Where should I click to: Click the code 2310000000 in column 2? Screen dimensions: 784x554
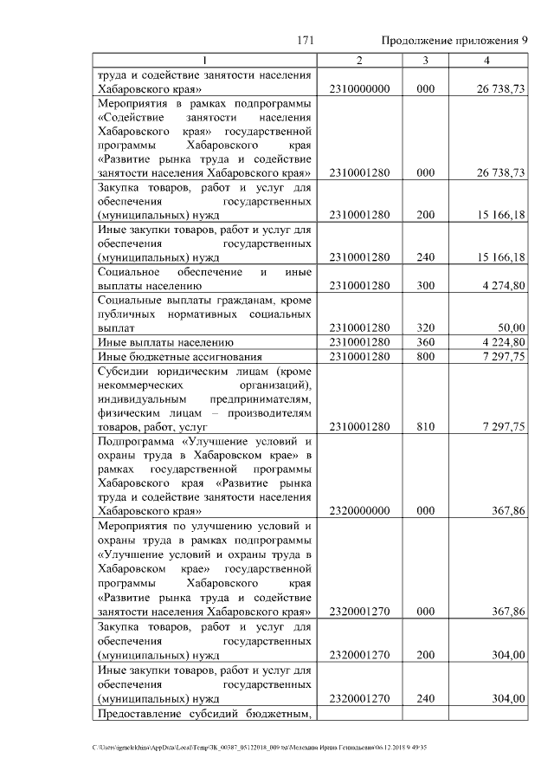coord(361,89)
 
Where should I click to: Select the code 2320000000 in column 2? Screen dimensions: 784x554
coord(361,511)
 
